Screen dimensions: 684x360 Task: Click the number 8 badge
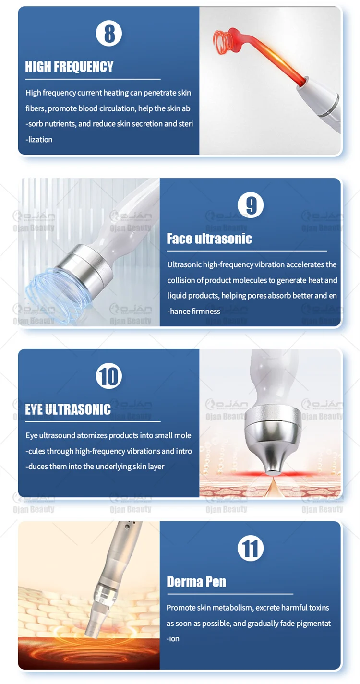pos(109,34)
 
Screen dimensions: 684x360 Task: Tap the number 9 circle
pos(251,205)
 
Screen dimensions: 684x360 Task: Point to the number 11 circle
pos(251,548)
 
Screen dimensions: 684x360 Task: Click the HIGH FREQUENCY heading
pos(69,67)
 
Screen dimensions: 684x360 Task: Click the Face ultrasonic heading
pos(209,239)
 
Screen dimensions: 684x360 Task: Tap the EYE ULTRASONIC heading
pos(68,409)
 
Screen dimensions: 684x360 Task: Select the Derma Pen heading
pos(196,581)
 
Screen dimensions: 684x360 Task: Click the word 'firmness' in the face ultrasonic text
pos(206,311)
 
